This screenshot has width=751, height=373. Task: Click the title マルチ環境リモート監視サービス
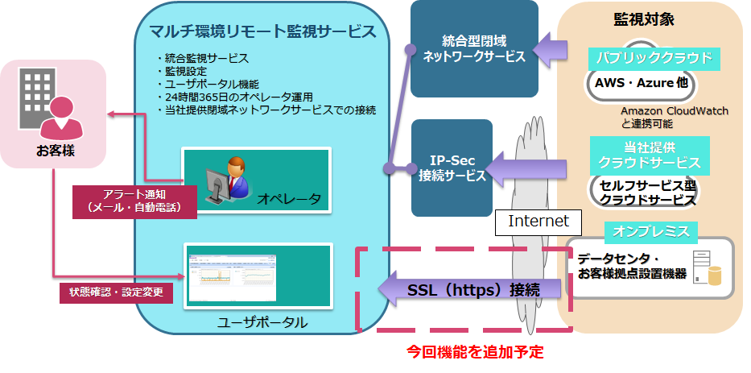point(262,32)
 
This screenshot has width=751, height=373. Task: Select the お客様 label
point(55,151)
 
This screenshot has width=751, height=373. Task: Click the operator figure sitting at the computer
point(228,179)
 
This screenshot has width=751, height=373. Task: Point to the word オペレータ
point(289,198)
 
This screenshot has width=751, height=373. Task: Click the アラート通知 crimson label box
point(134,202)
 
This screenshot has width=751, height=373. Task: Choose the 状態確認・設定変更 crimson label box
point(117,292)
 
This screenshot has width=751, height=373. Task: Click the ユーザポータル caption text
point(262,322)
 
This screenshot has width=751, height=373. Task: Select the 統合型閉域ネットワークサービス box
point(474,48)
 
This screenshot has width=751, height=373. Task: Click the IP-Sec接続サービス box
point(452,168)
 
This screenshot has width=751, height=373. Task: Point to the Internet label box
point(538,222)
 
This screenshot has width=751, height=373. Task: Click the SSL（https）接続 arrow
point(469,289)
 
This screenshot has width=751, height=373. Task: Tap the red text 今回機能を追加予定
point(475,352)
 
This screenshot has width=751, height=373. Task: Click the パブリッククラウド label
point(654,59)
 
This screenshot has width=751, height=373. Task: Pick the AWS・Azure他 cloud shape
point(641,81)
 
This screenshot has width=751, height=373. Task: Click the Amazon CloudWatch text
point(675,111)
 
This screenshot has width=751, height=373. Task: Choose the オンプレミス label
point(651,232)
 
